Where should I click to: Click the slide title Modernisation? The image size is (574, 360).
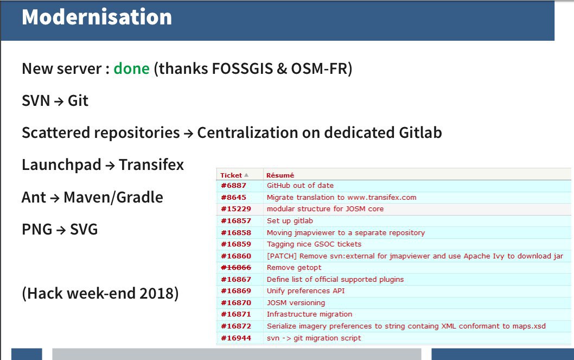[97, 17]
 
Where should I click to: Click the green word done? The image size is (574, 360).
[131, 68]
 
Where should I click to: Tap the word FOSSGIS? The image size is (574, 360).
[243, 68]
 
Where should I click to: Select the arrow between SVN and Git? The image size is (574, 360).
[59, 102]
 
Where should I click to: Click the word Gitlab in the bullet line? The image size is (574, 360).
[420, 132]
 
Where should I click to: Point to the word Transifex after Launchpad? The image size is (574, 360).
[151, 165]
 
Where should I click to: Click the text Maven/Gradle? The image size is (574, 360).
[113, 198]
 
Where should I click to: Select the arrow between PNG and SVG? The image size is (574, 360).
[61, 230]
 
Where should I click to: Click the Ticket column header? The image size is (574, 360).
[231, 175]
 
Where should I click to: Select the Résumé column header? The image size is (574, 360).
[280, 175]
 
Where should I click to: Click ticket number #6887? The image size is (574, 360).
[233, 185]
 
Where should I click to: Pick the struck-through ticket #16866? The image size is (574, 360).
[236, 267]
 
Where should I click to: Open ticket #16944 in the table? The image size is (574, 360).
[236, 338]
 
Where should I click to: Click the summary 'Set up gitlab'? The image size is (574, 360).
[290, 221]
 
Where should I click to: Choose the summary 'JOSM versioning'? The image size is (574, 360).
[296, 303]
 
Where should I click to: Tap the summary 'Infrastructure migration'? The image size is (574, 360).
[309, 314]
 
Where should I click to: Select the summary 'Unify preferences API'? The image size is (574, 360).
[305, 291]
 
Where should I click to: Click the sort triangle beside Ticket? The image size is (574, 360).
[246, 175]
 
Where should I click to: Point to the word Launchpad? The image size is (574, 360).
[61, 165]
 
